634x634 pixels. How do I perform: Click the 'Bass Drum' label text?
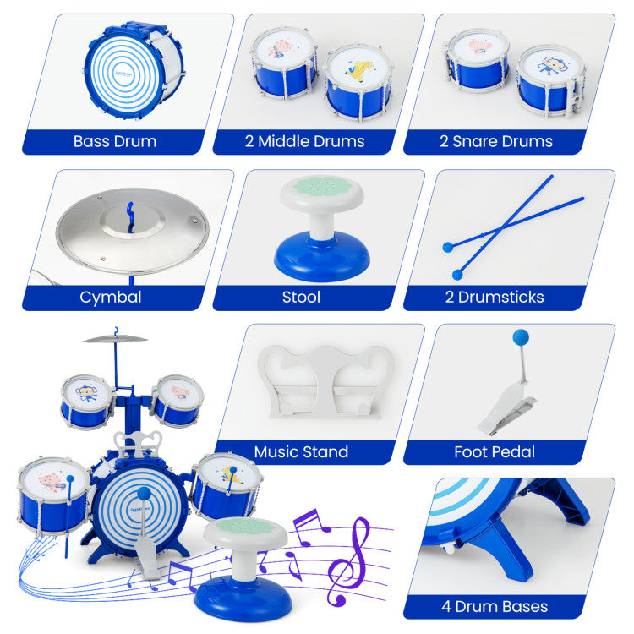pyautogui.click(x=115, y=141)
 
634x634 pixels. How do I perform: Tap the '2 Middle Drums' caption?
pyautogui.click(x=304, y=141)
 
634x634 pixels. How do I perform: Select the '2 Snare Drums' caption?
pyautogui.click(x=495, y=141)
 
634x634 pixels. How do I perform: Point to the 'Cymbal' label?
pyautogui.click(x=111, y=298)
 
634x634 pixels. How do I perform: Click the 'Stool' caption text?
pyautogui.click(x=301, y=298)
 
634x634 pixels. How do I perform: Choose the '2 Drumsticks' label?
pyautogui.click(x=495, y=298)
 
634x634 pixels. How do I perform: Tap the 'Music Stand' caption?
pyautogui.click(x=301, y=451)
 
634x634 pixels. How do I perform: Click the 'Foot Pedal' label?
pyautogui.click(x=495, y=451)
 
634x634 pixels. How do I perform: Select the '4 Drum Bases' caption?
pyautogui.click(x=495, y=606)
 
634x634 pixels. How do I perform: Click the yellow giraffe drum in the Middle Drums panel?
pyautogui.click(x=358, y=82)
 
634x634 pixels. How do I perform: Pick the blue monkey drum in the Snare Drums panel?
pyautogui.click(x=550, y=81)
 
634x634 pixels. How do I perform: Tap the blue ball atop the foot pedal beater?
pyautogui.click(x=521, y=337)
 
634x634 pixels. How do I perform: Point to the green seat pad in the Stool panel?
pyautogui.click(x=322, y=187)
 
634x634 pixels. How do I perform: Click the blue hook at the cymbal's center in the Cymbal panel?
pyautogui.click(x=130, y=217)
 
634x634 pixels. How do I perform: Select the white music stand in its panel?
pyautogui.click(x=326, y=381)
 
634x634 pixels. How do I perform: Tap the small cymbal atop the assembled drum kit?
pyautogui.click(x=115, y=338)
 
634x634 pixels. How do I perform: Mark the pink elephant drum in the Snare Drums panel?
pyautogui.click(x=478, y=61)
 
